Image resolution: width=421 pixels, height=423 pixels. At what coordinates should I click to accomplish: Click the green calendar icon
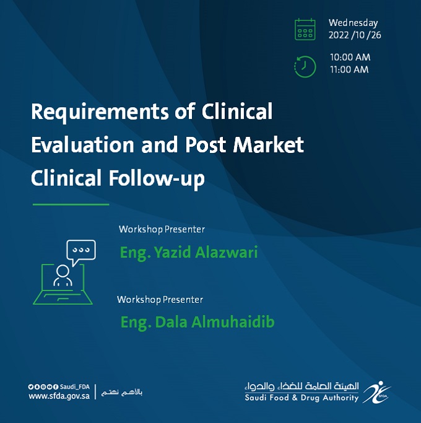[305, 29]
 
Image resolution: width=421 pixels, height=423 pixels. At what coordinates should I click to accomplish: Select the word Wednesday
[353, 23]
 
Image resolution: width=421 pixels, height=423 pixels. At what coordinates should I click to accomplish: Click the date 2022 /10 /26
[355, 35]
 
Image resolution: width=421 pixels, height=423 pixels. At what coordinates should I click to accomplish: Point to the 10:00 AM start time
[350, 57]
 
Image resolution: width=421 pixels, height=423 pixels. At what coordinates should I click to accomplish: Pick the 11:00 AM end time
[349, 69]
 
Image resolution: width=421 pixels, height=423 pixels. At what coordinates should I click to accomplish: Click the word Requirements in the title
[100, 112]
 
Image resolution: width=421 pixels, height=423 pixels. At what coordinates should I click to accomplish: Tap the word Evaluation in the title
[82, 145]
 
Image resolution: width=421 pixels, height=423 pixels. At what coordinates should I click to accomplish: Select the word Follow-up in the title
[157, 178]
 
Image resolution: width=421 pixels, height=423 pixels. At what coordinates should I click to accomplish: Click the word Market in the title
[268, 145]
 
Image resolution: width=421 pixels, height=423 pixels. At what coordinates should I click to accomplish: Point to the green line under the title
[71, 204]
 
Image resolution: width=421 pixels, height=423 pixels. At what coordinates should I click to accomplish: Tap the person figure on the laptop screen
[63, 275]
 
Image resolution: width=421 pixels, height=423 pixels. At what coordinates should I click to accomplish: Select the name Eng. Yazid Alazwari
[189, 253]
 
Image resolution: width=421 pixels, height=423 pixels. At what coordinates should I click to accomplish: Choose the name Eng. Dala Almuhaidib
[197, 322]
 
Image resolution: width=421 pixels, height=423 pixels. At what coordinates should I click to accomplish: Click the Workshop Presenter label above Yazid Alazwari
[162, 229]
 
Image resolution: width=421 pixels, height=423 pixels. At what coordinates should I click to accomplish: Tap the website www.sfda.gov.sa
[59, 396]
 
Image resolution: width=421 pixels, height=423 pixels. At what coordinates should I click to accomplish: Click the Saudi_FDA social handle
[75, 387]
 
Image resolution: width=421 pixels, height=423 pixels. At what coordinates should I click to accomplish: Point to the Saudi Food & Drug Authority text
[302, 398]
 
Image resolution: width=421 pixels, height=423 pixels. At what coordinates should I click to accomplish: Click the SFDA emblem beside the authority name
[376, 392]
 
